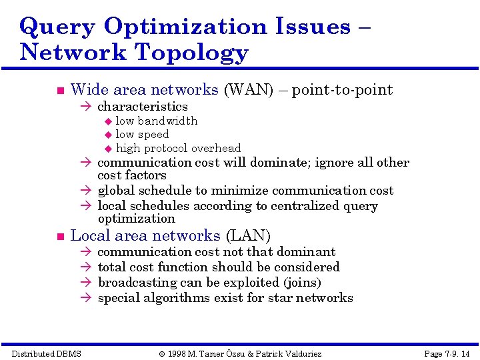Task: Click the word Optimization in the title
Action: pos(184,27)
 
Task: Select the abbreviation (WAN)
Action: pos(249,90)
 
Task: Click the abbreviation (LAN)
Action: pos(248,236)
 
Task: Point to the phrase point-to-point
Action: pos(342,90)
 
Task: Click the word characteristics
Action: pos(143,107)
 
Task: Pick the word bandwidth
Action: pos(167,121)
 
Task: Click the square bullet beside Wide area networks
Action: pos(59,91)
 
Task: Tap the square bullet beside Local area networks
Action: pos(59,237)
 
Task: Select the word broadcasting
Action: pos(131,283)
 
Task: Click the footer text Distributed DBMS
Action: pos(46,353)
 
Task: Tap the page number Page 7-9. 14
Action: pos(447,353)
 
